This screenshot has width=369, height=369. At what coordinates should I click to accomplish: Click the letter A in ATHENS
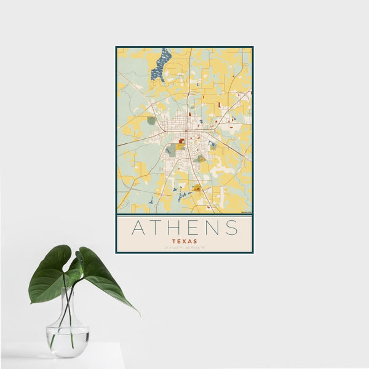click(x=140, y=228)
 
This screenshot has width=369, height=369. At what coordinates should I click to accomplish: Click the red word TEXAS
click(x=184, y=242)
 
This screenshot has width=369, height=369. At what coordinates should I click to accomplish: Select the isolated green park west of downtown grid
click(x=151, y=121)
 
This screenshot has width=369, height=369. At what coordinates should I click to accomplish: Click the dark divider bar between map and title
click(x=184, y=215)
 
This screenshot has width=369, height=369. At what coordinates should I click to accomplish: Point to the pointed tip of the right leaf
click(x=138, y=314)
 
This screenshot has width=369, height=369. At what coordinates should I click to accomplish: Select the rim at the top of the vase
click(x=68, y=290)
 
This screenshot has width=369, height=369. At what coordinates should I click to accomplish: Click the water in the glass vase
click(x=68, y=341)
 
